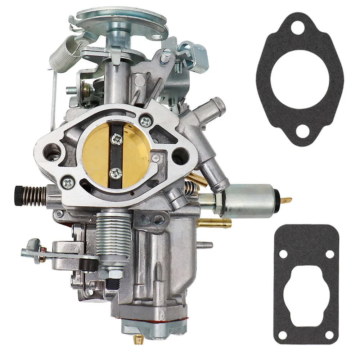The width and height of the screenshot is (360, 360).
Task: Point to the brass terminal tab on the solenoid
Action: pos(287,199)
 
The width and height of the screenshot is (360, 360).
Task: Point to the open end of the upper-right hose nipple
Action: pos(220,104)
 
